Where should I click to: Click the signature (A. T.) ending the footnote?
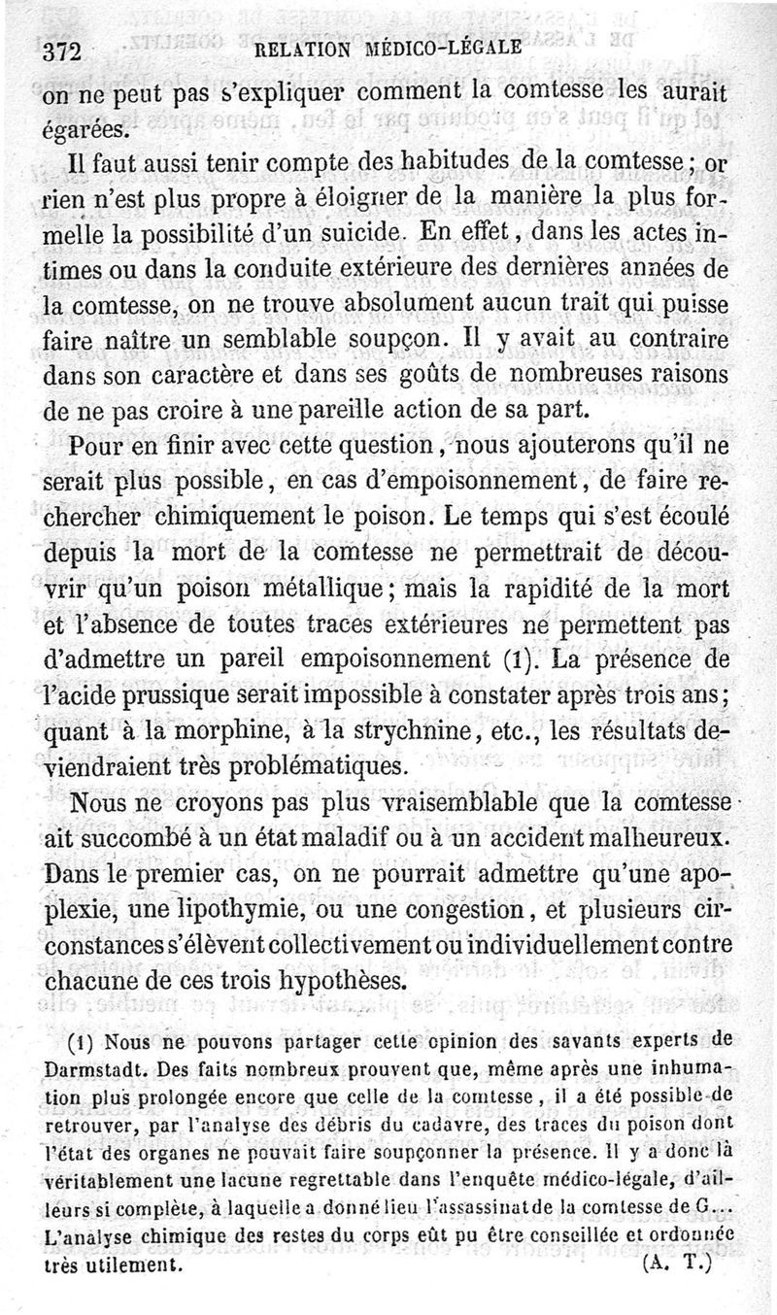coord(678,1265)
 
